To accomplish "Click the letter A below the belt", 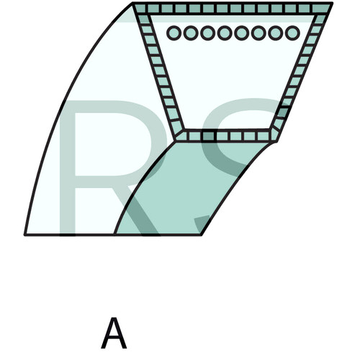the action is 114,333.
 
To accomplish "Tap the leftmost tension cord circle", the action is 174,33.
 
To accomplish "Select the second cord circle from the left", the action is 191,33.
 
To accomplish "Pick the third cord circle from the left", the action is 208,33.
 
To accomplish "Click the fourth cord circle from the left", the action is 225,33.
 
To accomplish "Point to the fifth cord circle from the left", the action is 242,33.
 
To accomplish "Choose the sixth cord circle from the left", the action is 258,33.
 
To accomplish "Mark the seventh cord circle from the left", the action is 276,33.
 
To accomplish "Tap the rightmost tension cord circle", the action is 292,33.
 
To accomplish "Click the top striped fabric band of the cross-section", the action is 233,9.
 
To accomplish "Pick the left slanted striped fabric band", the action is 158,72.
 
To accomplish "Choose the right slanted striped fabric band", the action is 303,72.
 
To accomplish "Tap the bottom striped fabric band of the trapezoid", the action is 227,136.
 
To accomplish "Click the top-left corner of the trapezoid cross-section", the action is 132,3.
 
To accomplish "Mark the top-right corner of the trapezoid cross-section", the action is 332,3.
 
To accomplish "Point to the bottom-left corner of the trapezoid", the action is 176,141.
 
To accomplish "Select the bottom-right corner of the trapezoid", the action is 277,142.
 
